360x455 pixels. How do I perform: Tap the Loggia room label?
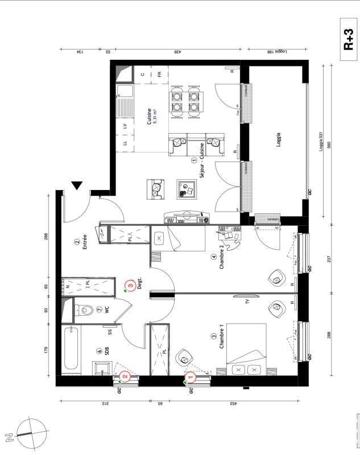pos(279,140)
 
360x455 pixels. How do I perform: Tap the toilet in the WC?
pos(86,310)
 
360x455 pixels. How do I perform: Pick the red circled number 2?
pos(125,376)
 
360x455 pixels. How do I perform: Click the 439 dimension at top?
pos(177,52)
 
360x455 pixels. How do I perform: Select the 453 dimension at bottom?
pos(234,404)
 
